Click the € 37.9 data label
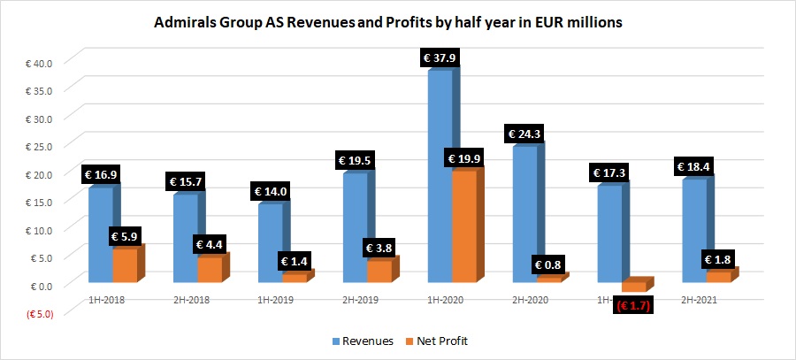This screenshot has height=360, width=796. click(x=440, y=58)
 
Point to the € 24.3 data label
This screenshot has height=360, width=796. click(x=524, y=134)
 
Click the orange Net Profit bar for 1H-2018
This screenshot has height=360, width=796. click(x=125, y=265)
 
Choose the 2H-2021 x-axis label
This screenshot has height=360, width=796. click(x=699, y=300)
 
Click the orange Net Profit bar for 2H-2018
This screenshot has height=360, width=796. click(x=210, y=269)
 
